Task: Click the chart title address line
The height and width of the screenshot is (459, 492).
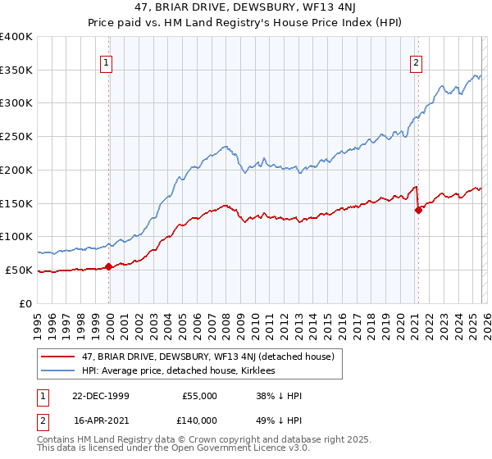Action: click(x=246, y=7)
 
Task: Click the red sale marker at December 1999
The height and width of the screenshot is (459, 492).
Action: click(x=109, y=266)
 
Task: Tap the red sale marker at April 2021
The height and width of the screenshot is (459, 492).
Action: click(x=418, y=210)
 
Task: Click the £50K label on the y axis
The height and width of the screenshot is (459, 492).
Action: click(x=18, y=270)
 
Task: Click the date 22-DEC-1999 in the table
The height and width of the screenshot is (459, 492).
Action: click(x=101, y=396)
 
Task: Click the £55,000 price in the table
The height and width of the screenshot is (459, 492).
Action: click(x=199, y=396)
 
